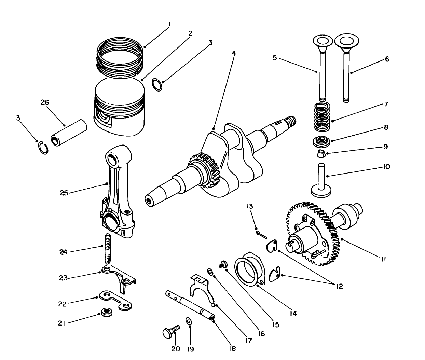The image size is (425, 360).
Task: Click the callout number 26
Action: (45, 102)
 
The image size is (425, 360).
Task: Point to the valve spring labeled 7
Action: (322, 118)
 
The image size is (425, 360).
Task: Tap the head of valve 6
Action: (347, 41)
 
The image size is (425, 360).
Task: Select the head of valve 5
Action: (322, 41)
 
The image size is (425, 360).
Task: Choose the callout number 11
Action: (383, 259)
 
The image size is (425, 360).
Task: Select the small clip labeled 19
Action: (189, 321)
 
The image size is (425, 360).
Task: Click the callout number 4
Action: (233, 54)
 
